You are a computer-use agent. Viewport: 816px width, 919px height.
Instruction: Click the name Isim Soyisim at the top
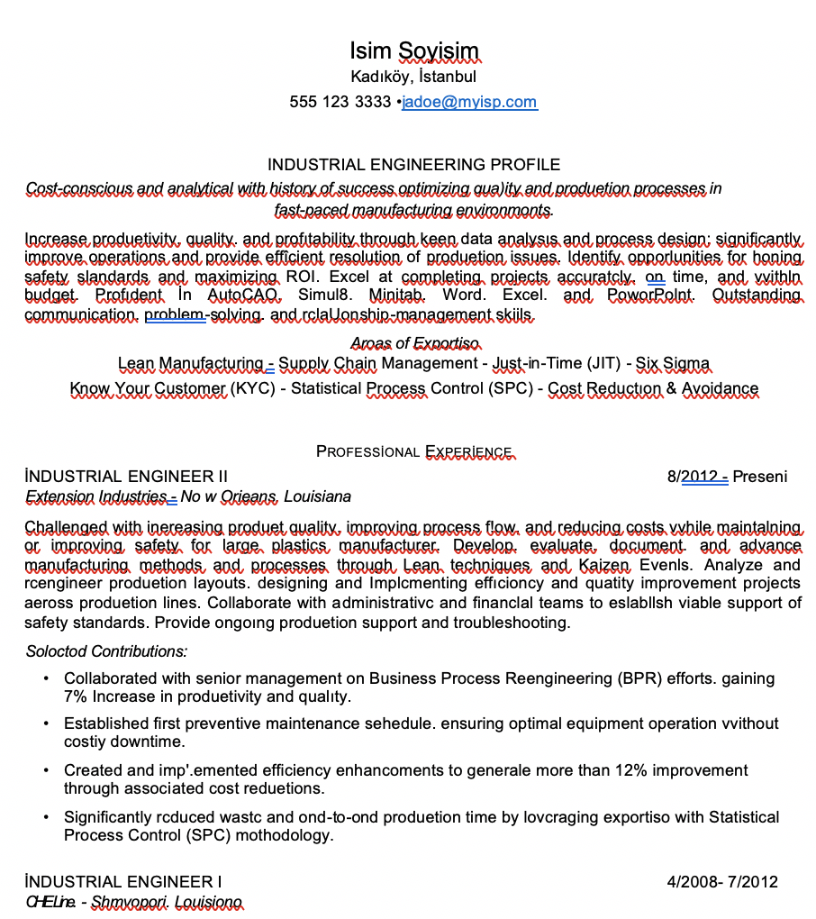(414, 50)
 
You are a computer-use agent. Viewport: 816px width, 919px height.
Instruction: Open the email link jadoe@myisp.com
(469, 102)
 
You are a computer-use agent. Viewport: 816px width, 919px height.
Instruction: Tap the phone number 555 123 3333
(340, 102)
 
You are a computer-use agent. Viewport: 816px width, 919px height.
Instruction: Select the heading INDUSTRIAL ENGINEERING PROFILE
(414, 165)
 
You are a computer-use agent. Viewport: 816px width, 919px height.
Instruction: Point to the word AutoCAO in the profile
(244, 295)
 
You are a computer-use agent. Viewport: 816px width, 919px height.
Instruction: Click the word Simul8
(324, 295)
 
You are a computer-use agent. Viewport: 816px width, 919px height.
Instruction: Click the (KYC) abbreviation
(253, 389)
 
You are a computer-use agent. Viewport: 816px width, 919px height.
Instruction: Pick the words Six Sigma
(673, 363)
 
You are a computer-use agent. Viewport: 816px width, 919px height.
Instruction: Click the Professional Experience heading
(414, 451)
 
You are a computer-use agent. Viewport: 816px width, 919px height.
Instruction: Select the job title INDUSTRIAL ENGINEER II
(126, 476)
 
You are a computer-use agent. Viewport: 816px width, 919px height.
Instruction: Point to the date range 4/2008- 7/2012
(722, 881)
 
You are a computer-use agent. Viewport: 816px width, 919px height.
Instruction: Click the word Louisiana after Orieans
(317, 496)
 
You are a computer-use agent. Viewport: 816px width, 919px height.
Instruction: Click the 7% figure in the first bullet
(75, 696)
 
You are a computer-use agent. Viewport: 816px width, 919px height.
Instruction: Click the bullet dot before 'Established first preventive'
(46, 723)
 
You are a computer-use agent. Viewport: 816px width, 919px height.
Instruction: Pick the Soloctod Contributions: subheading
(106, 651)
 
